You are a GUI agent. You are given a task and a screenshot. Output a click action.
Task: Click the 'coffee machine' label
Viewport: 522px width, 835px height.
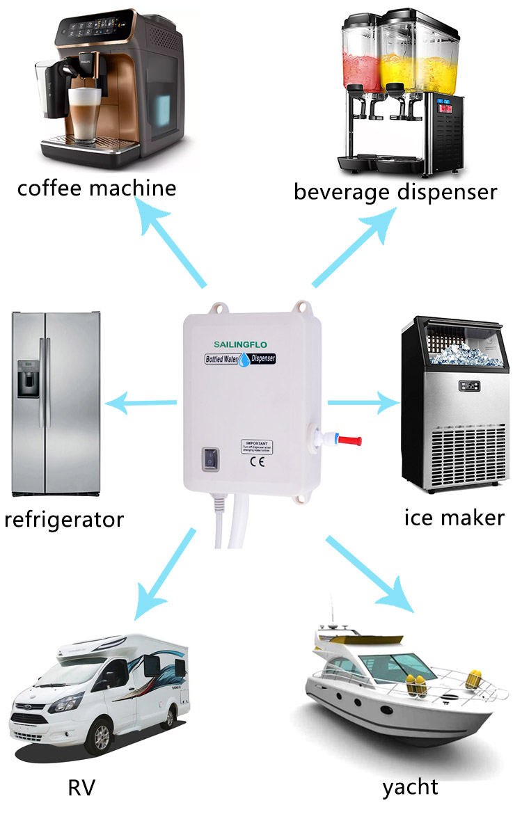(x=97, y=189)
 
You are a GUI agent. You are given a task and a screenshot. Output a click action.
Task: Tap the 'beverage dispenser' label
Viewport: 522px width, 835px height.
(x=395, y=191)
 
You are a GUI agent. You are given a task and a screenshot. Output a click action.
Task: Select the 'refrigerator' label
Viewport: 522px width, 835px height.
(x=64, y=519)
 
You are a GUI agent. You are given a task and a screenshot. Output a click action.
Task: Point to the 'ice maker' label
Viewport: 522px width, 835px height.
(x=454, y=517)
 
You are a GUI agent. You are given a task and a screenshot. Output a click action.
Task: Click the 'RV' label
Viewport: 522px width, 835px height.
(x=81, y=788)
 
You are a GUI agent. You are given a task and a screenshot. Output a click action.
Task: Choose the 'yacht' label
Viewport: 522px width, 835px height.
(x=410, y=788)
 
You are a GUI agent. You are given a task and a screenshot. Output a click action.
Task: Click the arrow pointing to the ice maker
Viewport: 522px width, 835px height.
(x=362, y=402)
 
